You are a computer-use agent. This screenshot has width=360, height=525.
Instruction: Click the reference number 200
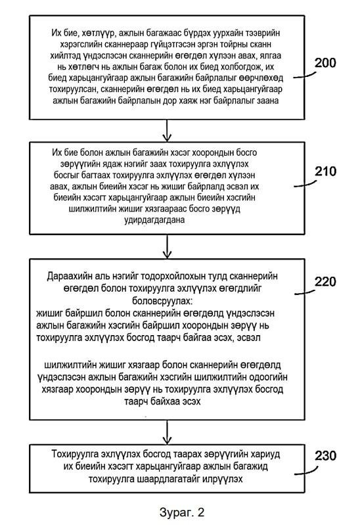pos(325,62)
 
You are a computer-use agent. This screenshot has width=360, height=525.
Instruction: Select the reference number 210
pos(325,171)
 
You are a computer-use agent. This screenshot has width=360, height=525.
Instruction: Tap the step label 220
pos(325,281)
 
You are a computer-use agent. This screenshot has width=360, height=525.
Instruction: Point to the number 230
pos(325,456)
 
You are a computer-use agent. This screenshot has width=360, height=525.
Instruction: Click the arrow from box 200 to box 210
pos(167,131)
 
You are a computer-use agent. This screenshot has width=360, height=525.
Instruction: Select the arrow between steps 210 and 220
pos(167,246)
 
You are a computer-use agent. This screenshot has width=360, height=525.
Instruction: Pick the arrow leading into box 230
pos(167,432)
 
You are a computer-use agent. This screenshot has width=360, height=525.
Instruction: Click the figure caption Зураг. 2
pos(181,512)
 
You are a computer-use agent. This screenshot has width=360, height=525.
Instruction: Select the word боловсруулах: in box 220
pos(162,301)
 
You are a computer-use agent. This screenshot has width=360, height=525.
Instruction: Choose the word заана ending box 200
pos(267,101)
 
